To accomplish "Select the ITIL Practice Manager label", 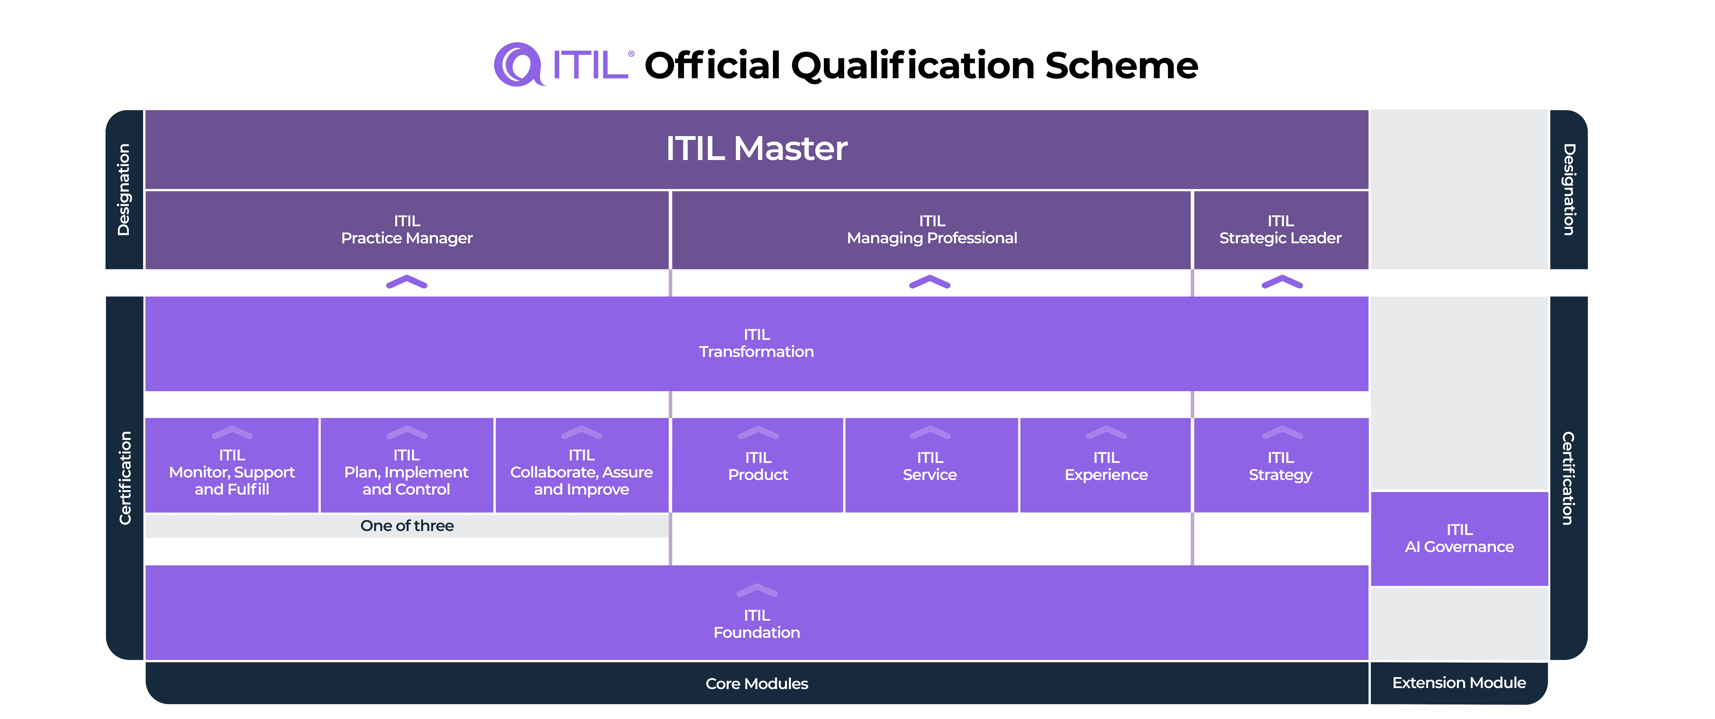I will [x=407, y=230].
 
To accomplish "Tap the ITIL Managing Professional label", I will [x=931, y=230].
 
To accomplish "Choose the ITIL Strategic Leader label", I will [x=1280, y=230].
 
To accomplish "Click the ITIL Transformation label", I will [x=756, y=344].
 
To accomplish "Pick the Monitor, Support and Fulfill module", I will [x=232, y=472].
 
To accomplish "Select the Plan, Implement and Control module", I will [x=406, y=472].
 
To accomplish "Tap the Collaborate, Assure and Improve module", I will [x=581, y=472].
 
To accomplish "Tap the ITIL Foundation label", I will [x=756, y=624].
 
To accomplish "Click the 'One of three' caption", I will [x=407, y=526].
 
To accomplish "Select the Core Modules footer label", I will [x=756, y=684].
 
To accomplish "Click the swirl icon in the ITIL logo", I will [x=518, y=65].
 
